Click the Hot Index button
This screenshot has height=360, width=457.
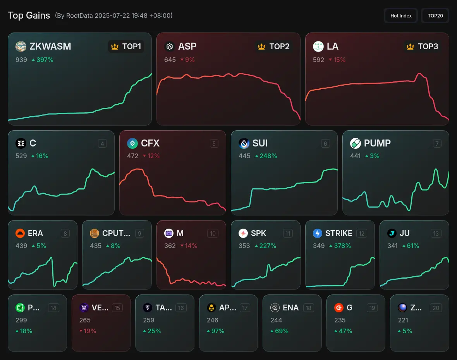click(x=401, y=16)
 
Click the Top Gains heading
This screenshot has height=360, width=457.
click(x=29, y=16)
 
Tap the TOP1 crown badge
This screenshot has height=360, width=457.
click(x=126, y=47)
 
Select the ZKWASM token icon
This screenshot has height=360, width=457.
click(x=21, y=47)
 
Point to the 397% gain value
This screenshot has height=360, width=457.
click(x=45, y=60)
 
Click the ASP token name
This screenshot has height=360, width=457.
click(x=187, y=47)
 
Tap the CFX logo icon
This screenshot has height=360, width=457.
click(x=132, y=143)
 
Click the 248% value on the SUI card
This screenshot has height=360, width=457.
click(x=268, y=156)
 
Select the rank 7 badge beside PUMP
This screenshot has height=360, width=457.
click(x=437, y=144)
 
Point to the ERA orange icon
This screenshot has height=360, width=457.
click(x=20, y=233)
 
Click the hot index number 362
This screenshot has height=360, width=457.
click(x=170, y=246)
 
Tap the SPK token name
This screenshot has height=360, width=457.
click(x=258, y=233)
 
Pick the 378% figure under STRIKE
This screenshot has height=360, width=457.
click(x=342, y=246)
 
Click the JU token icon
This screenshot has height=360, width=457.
click(x=392, y=233)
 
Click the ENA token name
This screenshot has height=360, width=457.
click(x=290, y=308)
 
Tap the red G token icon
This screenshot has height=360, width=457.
click(x=339, y=308)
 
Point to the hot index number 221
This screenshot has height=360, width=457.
click(x=404, y=320)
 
